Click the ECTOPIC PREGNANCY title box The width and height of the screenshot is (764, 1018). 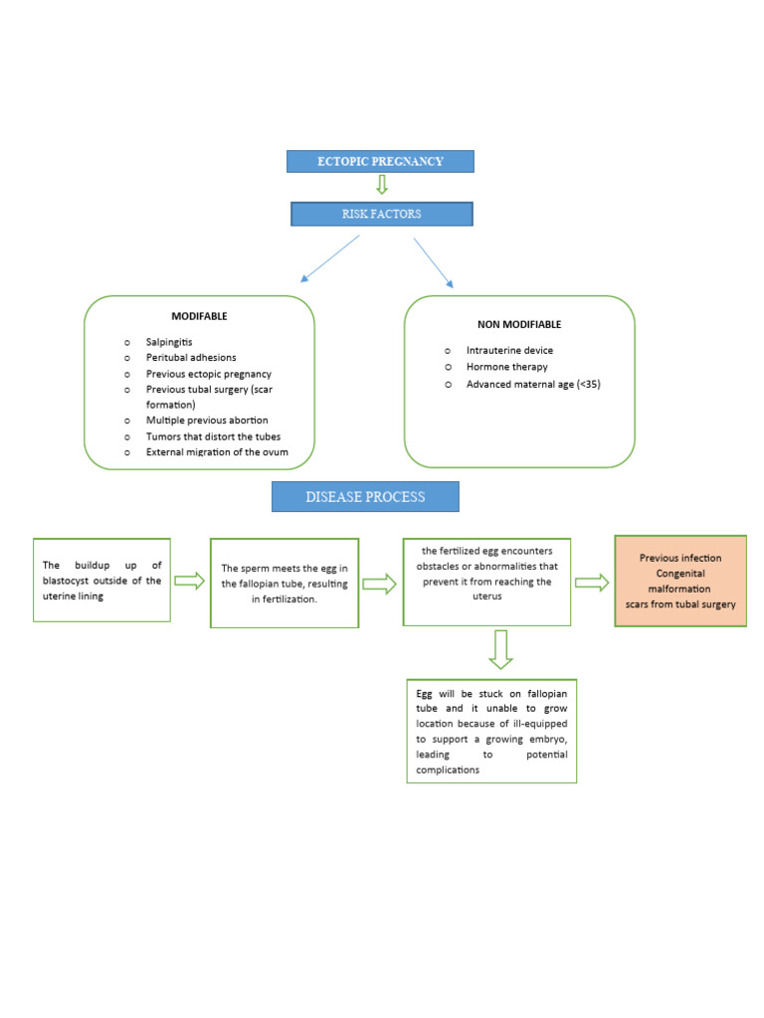(380, 161)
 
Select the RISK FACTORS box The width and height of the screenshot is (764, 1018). (381, 214)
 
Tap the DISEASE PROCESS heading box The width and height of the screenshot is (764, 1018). (365, 496)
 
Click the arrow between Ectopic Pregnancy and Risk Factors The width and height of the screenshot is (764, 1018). (381, 186)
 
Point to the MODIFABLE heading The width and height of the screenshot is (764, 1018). (199, 316)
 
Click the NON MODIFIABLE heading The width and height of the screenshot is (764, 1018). (519, 324)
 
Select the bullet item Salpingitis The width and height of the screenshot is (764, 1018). (169, 341)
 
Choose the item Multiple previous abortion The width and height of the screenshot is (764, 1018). (207, 421)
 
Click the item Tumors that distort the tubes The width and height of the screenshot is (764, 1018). (213, 436)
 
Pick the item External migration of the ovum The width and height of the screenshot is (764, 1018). (217, 452)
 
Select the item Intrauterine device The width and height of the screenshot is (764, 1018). (509, 350)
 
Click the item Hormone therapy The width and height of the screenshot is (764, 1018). (506, 367)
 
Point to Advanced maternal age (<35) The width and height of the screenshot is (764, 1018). (533, 384)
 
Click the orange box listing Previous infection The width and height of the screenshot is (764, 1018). (680, 581)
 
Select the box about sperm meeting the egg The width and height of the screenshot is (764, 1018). (285, 584)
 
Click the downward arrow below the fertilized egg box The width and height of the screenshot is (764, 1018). (500, 649)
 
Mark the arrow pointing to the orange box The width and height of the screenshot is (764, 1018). (592, 583)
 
